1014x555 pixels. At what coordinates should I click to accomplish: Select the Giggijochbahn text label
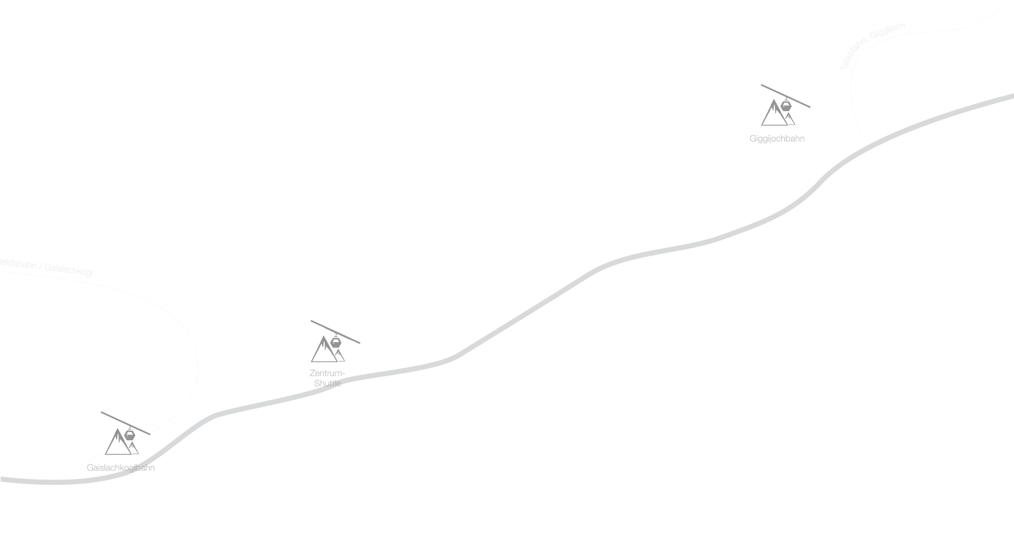[777, 138]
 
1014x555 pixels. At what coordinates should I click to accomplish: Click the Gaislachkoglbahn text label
[120, 467]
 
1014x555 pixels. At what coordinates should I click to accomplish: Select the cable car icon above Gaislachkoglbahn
[124, 435]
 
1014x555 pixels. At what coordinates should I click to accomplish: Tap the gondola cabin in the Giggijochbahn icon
[786, 107]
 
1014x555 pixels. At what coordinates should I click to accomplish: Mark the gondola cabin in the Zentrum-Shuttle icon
[335, 343]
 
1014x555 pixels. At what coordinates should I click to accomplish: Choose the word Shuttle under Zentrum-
[327, 383]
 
